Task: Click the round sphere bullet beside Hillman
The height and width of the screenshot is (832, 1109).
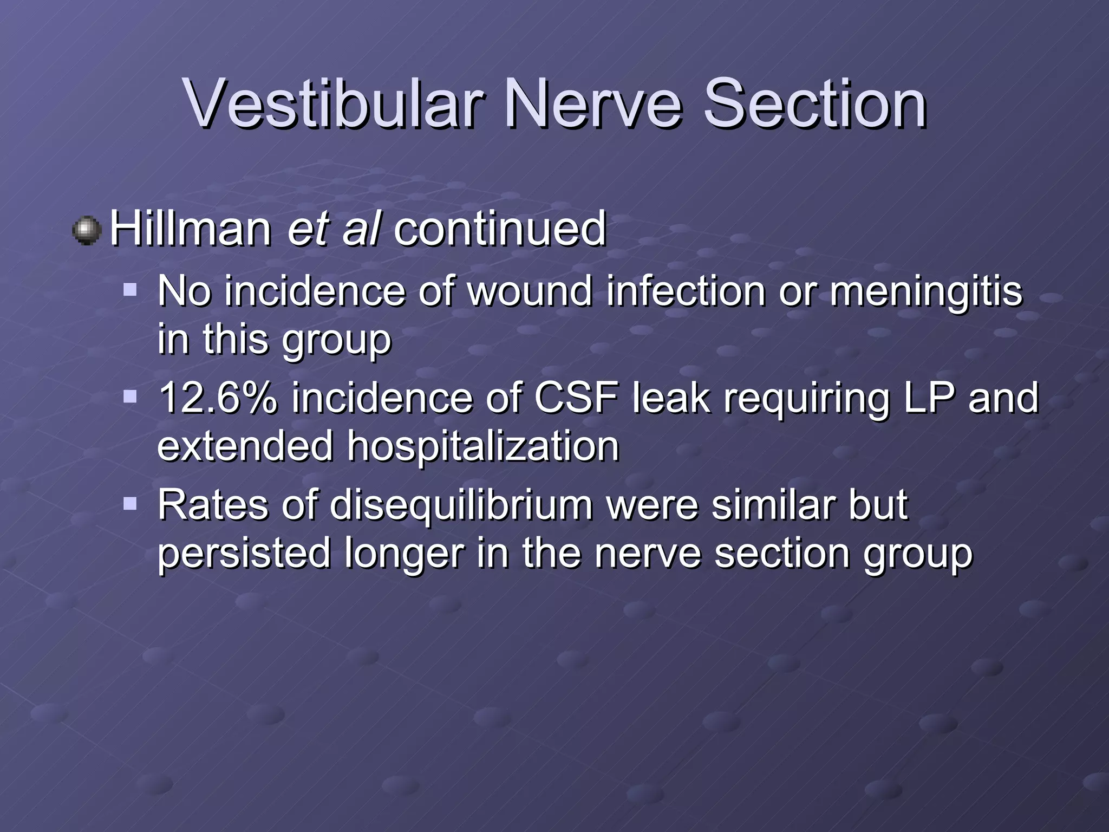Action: pos(87,231)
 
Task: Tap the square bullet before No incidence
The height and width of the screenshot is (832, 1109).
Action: pos(130,289)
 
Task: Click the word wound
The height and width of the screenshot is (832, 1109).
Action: pos(529,291)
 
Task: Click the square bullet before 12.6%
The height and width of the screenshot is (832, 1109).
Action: pos(130,396)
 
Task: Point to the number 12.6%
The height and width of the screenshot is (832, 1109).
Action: pos(217,398)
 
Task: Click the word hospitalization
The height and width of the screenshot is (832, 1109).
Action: pos(482,446)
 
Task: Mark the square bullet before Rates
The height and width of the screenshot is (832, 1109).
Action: pos(130,504)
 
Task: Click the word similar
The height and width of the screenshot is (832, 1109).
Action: pos(772,505)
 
